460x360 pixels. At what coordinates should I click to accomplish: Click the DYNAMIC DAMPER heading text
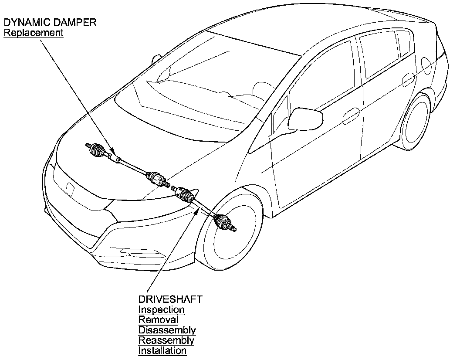[50, 23]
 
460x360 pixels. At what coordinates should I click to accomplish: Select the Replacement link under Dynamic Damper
[34, 33]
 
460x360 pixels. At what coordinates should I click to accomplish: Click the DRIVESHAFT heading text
[170, 299]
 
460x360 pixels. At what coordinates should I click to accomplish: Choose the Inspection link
[161, 310]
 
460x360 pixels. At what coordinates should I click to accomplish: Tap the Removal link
[158, 320]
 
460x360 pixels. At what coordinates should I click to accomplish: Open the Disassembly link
[167, 330]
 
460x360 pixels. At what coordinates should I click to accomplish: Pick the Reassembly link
[166, 340]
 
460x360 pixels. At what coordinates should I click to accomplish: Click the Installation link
[162, 351]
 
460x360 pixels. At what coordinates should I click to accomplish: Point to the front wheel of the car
[231, 235]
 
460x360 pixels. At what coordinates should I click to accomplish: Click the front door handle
[350, 117]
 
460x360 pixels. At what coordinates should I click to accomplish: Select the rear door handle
[409, 80]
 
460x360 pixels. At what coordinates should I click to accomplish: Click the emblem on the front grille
[69, 189]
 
